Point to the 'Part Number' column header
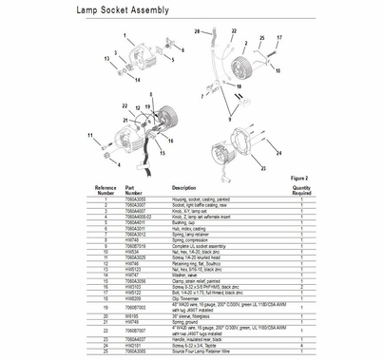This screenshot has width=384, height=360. (x=134, y=188)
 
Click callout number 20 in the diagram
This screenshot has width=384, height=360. (x=197, y=32)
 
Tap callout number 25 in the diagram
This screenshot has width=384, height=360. (x=260, y=37)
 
